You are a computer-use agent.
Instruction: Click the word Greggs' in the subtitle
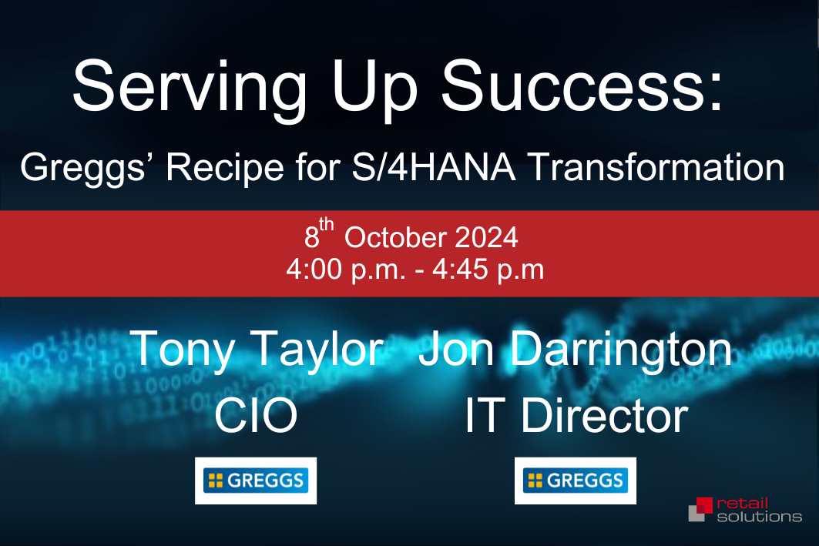click(82, 169)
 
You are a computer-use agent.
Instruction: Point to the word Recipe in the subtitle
click(225, 169)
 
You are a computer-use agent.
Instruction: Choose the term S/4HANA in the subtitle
click(434, 167)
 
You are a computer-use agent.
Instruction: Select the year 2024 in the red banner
click(486, 237)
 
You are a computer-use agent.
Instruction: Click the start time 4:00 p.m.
click(345, 270)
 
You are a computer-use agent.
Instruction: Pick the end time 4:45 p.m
click(488, 270)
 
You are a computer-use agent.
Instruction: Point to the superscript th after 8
click(327, 224)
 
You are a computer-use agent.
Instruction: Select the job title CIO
click(256, 416)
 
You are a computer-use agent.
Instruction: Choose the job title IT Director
click(576, 416)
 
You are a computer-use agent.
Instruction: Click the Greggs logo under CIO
click(256, 481)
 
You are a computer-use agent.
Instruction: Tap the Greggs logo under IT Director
click(575, 481)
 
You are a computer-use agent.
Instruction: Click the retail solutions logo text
click(760, 510)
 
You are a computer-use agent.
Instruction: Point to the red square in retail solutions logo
click(704, 505)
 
